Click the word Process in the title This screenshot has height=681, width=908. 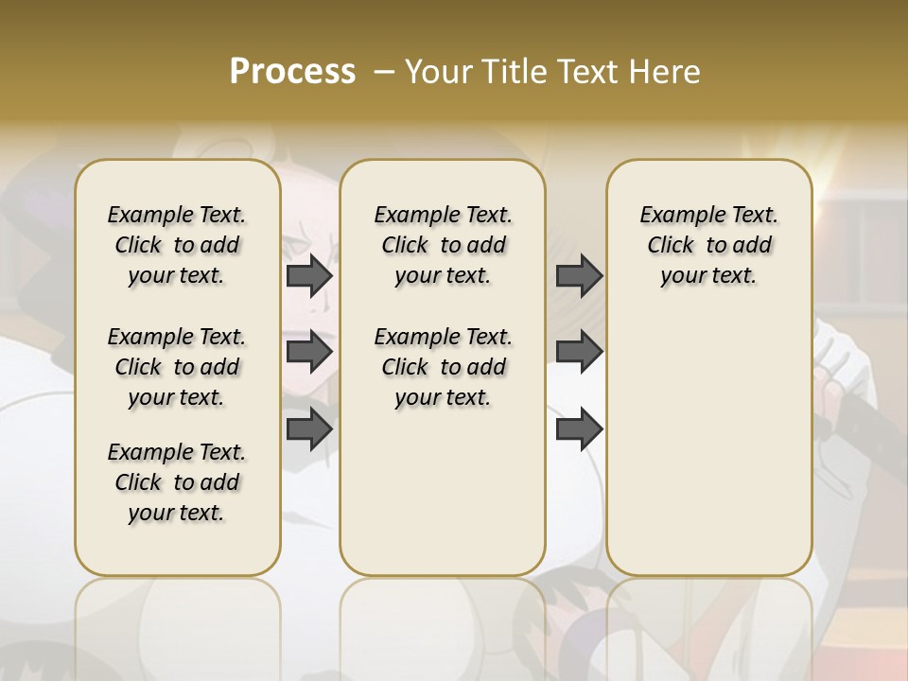292,72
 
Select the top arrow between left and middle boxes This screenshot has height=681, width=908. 309,275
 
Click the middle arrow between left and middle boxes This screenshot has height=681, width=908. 309,352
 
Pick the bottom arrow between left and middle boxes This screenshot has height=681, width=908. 309,428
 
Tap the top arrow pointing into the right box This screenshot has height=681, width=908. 579,275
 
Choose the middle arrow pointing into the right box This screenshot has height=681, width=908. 579,352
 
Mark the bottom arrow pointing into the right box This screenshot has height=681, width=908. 579,428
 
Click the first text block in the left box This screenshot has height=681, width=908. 177,245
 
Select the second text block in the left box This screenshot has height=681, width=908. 177,367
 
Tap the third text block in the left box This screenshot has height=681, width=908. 177,482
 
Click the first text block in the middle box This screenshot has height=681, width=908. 443,245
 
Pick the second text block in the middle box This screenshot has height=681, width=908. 443,367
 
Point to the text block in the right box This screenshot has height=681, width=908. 708,245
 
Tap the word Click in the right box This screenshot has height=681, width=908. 671,246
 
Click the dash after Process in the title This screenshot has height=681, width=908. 384,72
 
